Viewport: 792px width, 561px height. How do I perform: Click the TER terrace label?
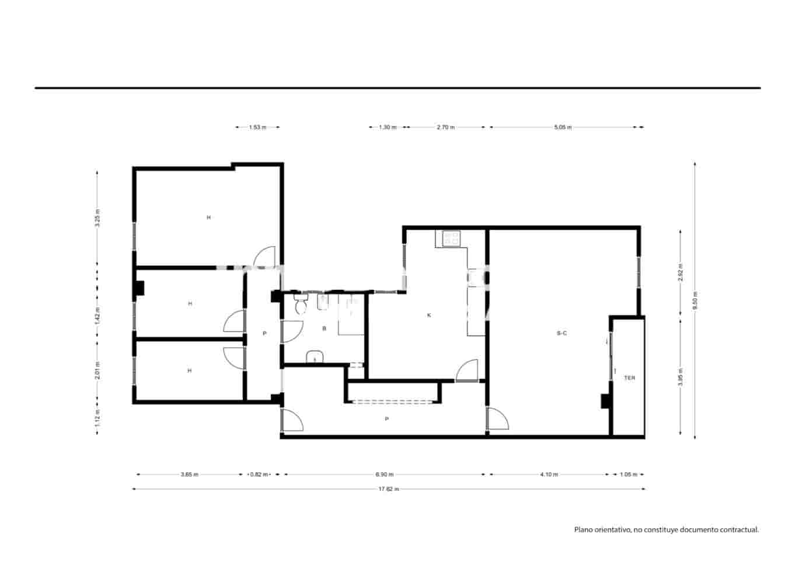629,378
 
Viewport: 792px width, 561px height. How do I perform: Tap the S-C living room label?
561,333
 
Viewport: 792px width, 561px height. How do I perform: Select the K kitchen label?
429,315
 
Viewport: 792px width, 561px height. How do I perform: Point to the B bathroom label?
325,328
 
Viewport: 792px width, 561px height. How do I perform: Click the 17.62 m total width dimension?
388,489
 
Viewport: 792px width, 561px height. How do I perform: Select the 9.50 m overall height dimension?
695,302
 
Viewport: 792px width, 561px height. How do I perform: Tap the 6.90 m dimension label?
385,475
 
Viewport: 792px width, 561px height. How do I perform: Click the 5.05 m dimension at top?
563,127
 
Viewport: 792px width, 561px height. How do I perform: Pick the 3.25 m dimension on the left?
97,217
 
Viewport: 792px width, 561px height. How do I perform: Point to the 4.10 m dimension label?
549,475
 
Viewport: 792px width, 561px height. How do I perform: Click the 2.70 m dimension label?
445,127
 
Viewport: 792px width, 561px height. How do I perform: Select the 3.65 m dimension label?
190,475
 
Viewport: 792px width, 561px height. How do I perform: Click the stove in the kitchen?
451,238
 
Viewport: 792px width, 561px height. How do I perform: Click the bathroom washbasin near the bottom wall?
315,356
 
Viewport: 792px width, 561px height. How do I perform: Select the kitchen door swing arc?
467,370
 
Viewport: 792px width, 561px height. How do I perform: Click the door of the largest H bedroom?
266,256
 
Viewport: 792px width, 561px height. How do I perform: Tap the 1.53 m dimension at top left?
257,127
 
